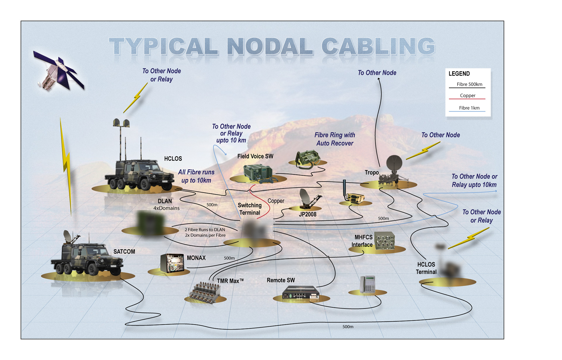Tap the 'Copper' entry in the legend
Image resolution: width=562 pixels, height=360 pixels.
467,95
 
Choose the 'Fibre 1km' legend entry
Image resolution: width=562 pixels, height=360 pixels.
469,108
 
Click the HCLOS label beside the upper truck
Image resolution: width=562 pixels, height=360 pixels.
173,159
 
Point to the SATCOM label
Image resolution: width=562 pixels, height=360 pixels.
124,251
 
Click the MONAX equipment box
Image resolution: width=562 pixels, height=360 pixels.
172,263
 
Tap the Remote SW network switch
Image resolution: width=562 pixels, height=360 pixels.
301,292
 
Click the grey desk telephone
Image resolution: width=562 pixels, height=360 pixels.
368,284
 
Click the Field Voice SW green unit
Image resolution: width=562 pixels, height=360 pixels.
258,173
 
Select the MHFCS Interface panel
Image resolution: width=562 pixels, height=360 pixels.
385,241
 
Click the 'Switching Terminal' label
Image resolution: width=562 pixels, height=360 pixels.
250,209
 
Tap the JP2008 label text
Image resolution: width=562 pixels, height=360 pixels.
308,214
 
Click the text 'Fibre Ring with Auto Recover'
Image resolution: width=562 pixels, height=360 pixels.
335,139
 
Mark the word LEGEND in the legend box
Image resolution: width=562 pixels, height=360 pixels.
459,73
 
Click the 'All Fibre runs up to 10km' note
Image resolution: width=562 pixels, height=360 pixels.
196,176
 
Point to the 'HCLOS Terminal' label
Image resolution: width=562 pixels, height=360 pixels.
426,268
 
